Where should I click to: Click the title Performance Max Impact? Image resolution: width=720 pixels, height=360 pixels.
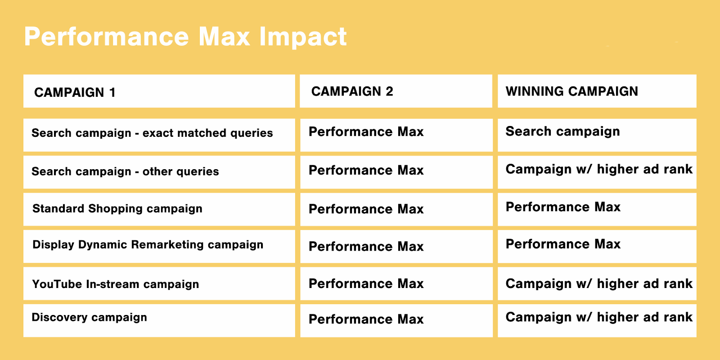click(185, 37)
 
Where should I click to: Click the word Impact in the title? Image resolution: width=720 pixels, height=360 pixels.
click(303, 37)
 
